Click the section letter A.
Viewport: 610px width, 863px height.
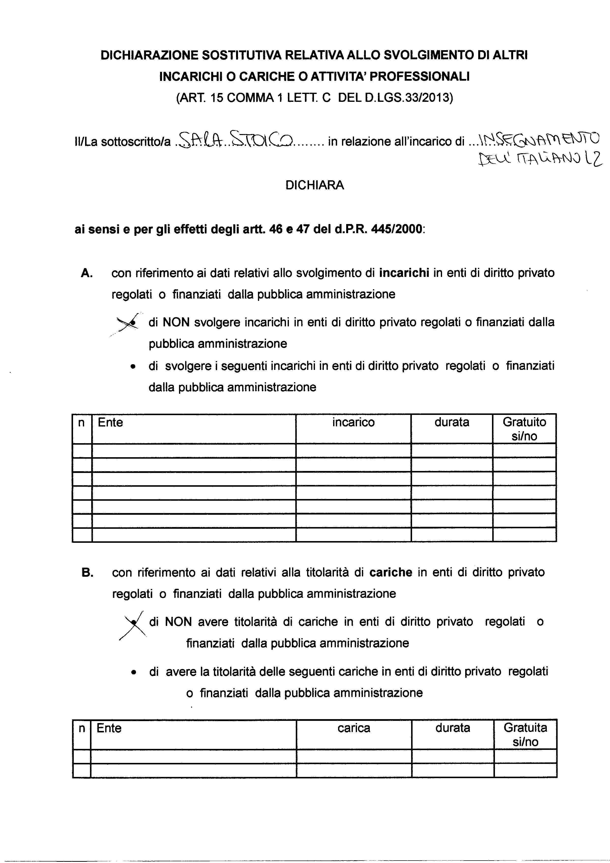[x=87, y=273]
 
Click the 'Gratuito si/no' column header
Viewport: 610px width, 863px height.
[x=524, y=429]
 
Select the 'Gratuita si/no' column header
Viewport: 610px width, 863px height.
[x=525, y=734]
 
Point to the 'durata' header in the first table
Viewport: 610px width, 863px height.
[x=452, y=423]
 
